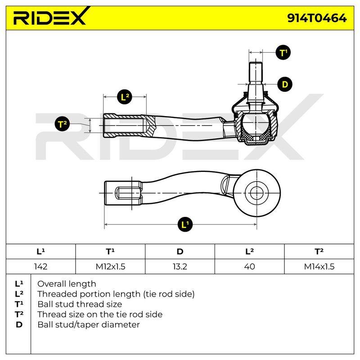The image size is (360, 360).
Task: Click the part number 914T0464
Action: tap(317, 18)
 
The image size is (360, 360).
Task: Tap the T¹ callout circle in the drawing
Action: tap(283, 53)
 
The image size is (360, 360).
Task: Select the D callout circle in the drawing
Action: tap(285, 84)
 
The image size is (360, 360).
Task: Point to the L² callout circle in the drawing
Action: tap(125, 97)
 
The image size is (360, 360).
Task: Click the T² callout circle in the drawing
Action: tap(62, 124)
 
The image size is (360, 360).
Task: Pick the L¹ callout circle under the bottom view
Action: tap(185, 224)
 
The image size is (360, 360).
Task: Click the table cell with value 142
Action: tap(40, 266)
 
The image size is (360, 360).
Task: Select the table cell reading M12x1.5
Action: tap(110, 266)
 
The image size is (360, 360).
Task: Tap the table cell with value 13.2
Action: tap(180, 266)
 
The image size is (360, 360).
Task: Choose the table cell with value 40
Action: tap(250, 266)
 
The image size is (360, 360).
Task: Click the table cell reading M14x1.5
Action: tap(319, 266)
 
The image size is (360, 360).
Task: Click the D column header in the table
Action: tap(180, 252)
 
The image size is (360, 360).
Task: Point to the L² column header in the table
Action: tap(250, 252)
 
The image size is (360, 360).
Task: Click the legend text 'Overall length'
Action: tap(67, 284)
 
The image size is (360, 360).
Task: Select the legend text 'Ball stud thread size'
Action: tap(80, 304)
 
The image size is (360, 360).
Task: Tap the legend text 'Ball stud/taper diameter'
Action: tap(89, 324)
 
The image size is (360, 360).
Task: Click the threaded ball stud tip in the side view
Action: tap(256, 71)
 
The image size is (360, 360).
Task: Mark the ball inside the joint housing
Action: tap(256, 123)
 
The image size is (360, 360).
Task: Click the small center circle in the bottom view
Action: tap(256, 193)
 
